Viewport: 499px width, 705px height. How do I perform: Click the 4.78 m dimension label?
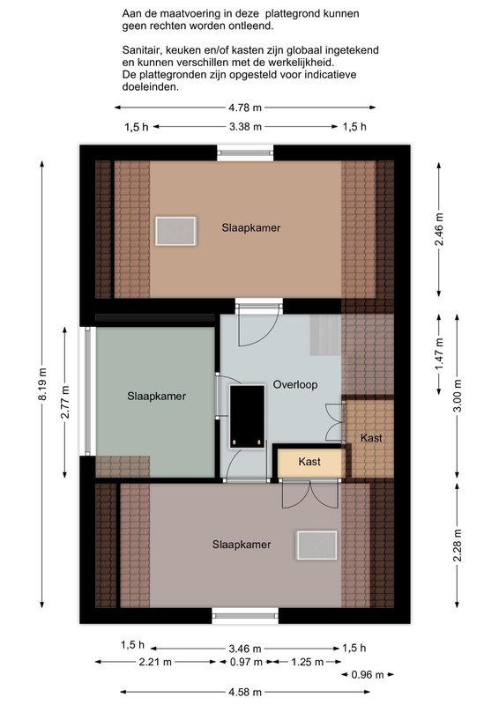[245, 108]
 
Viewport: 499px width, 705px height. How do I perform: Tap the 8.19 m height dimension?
[42, 384]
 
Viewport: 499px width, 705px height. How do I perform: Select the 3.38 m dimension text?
[245, 127]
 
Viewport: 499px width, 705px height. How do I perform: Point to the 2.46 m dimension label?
[439, 229]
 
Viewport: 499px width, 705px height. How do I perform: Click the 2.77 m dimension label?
[65, 402]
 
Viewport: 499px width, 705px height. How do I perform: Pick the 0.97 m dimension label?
[246, 662]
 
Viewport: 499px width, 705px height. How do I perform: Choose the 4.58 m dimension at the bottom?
[245, 692]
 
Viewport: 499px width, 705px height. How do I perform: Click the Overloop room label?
[295, 385]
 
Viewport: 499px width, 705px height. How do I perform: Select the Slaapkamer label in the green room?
[157, 396]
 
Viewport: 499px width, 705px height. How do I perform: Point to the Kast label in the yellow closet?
[309, 461]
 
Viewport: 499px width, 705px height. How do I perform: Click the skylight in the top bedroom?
[175, 231]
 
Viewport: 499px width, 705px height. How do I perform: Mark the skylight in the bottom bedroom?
[317, 545]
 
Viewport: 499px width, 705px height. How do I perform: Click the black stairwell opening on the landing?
[247, 416]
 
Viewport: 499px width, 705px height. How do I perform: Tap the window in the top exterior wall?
[245, 152]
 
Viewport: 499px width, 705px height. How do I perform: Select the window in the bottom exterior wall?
[245, 615]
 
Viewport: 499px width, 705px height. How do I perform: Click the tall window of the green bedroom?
[88, 391]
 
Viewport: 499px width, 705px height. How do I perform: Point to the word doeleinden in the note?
[150, 87]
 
